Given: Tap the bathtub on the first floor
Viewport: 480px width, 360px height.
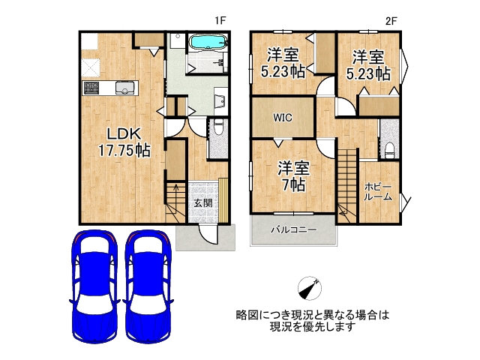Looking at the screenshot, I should (204, 42).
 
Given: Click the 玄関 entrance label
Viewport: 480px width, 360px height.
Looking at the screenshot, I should (202, 203).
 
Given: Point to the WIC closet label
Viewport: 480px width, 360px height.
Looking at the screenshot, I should (283, 118).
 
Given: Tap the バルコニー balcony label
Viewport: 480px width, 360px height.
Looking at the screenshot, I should (293, 230).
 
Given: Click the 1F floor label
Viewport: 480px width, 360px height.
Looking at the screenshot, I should (220, 22).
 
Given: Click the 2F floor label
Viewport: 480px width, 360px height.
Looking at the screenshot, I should (390, 22).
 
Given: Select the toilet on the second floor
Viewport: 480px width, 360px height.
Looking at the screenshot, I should (390, 146).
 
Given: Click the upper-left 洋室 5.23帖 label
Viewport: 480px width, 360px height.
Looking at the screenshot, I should (283, 64).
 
